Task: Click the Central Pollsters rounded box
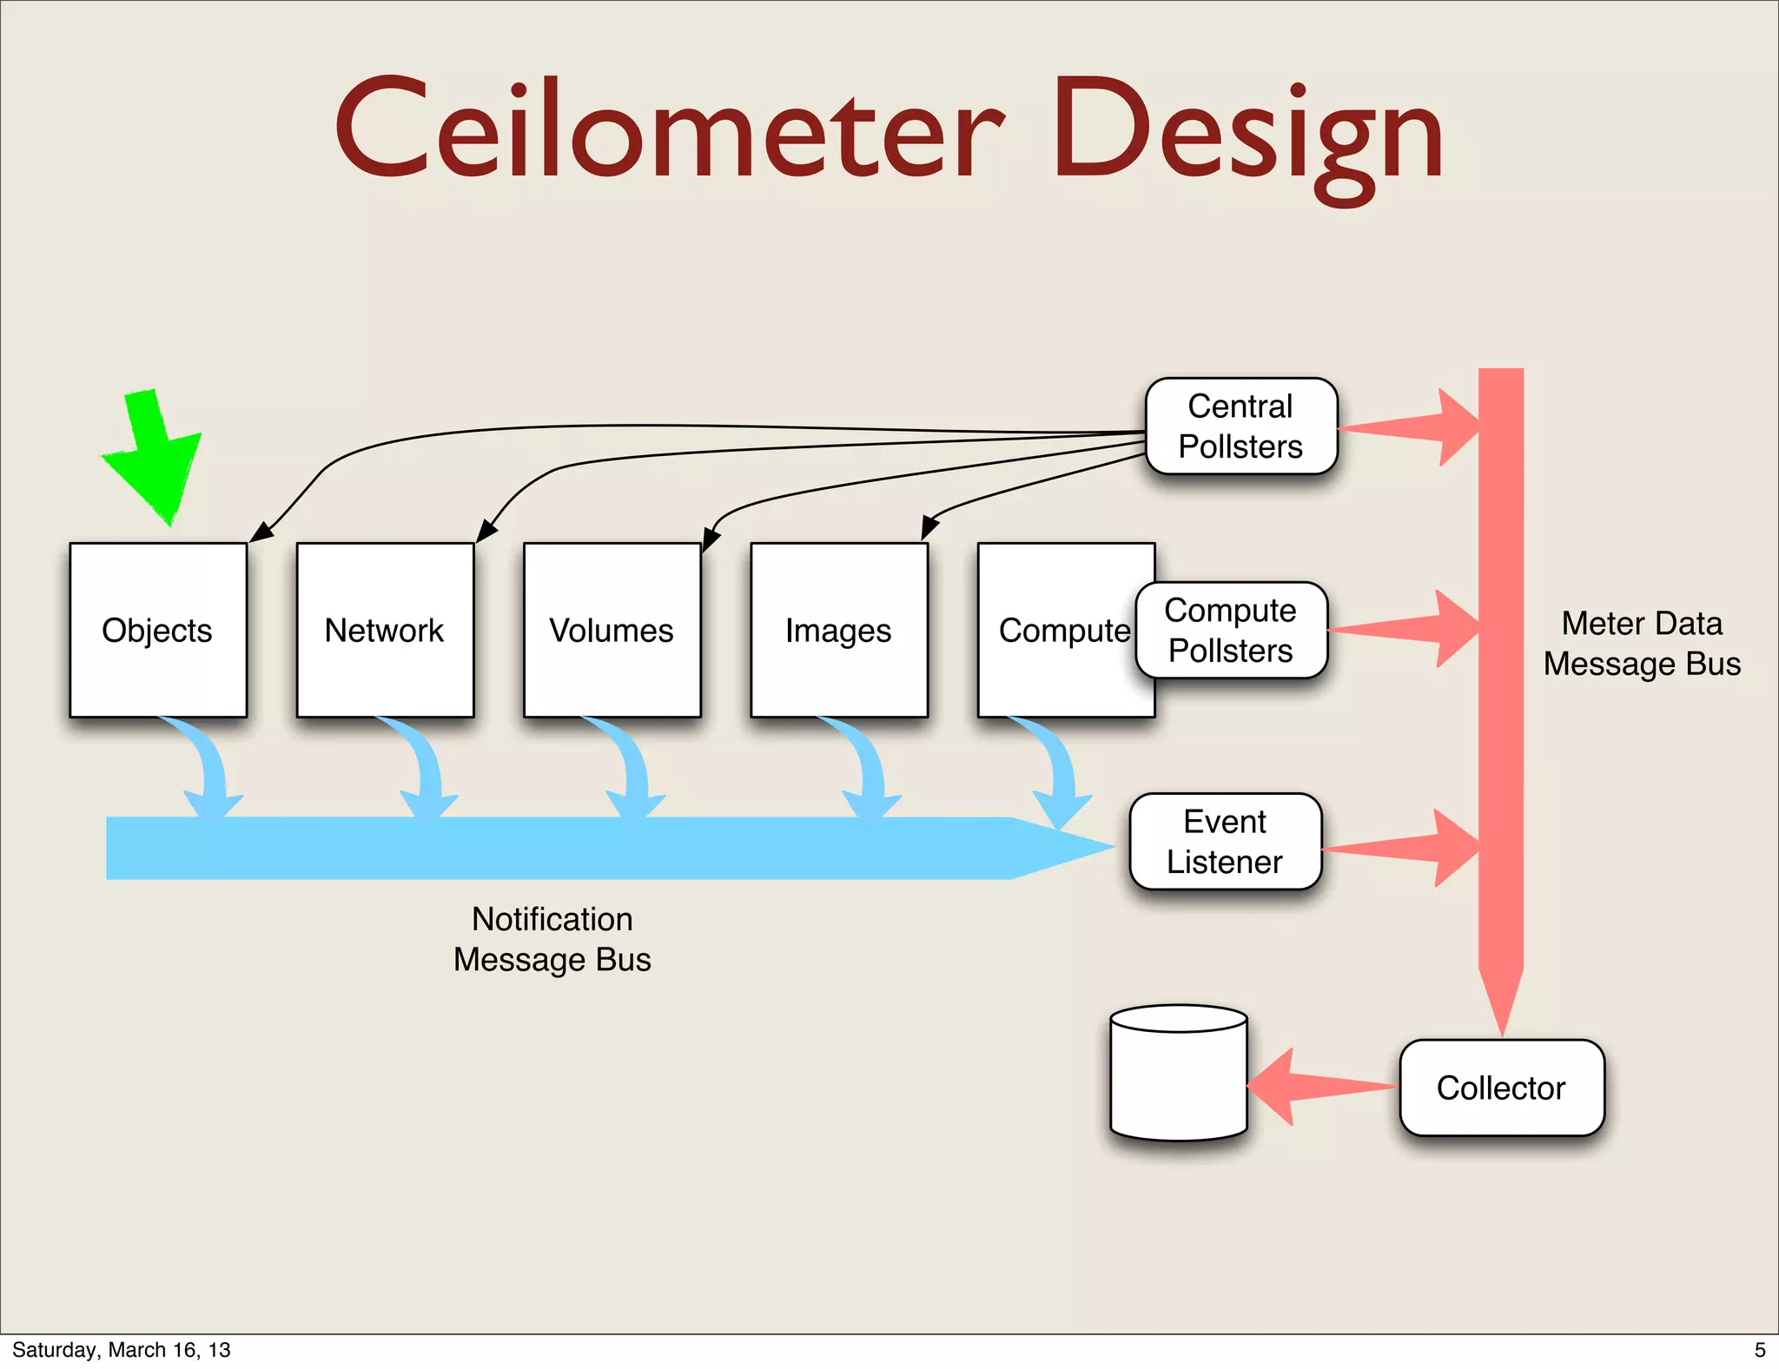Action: [1240, 427]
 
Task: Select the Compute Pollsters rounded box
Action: [1231, 631]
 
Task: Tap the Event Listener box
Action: [1225, 842]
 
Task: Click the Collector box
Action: [1501, 1088]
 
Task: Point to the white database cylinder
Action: [1179, 1077]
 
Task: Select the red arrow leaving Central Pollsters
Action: [1407, 427]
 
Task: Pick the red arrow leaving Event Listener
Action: [1399, 847]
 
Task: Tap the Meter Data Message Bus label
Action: [1642, 644]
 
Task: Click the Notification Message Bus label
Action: [552, 939]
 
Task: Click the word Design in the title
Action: [1247, 135]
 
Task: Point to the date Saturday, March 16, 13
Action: [122, 1350]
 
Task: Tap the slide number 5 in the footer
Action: [1760, 1350]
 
